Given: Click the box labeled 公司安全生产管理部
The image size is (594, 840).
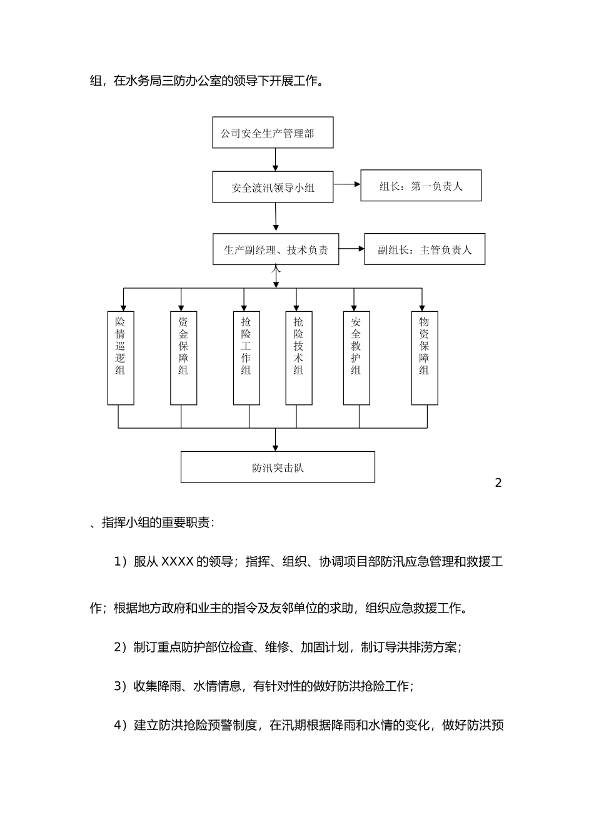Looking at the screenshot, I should point(273,132).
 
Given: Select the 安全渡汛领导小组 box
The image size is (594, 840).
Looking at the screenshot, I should point(273,187).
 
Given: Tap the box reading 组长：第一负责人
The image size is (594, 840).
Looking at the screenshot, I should point(421,186).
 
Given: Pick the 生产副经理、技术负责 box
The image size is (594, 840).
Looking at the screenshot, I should point(276,249).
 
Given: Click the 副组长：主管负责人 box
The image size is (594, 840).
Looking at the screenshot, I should point(425,249).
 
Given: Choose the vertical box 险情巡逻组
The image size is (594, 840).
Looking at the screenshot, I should point(121,357).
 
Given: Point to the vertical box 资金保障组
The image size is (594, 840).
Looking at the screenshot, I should point(183,357).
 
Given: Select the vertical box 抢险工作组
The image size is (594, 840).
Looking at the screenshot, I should point(246,357).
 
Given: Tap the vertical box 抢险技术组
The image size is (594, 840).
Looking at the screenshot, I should point(299,357).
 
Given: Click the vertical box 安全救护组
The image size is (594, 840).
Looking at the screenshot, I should point(356,357).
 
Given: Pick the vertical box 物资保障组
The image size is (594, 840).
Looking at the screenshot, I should point(425,357).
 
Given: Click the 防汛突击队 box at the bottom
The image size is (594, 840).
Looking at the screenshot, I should point(278,467).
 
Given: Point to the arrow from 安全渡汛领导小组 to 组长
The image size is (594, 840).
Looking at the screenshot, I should point(347,184).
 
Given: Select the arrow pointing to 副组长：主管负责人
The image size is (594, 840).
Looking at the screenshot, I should point(351,249).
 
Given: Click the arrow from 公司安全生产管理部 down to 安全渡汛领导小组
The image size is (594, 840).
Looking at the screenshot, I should point(275,159).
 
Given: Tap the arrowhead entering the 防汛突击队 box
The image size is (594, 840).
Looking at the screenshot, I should point(276,447).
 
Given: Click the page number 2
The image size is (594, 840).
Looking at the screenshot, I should point(498,482).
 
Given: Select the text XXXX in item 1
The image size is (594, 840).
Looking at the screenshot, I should point(178,562).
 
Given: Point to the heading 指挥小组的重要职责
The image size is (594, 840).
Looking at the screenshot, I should point(158,522).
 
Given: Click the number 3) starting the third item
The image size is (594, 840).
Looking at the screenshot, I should point(121,686).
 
